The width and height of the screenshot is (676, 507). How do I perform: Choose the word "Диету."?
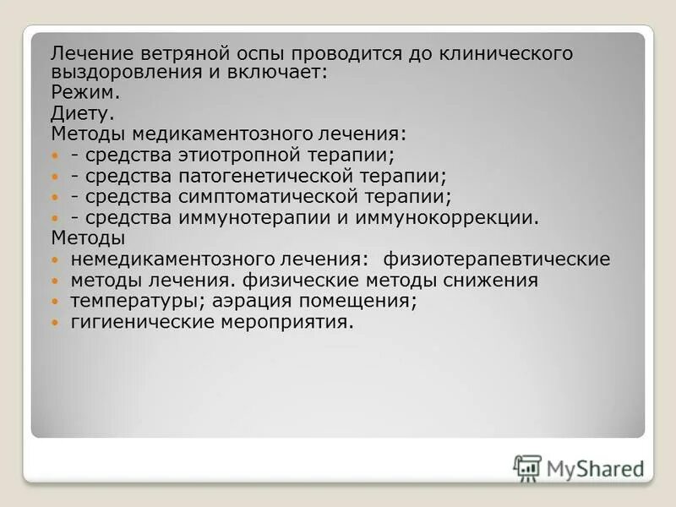pos(82,113)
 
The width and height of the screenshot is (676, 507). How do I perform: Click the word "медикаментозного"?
pos(219,134)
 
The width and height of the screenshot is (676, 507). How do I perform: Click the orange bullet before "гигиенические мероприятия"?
pos(57,323)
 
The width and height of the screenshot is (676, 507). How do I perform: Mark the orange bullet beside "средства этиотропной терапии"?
pos(57,155)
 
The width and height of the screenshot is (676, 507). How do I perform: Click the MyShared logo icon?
pos(527,467)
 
